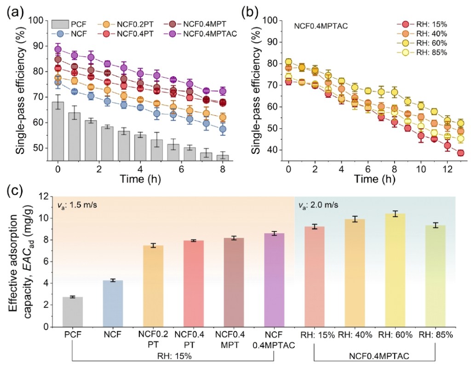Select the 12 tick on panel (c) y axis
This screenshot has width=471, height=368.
[44, 196]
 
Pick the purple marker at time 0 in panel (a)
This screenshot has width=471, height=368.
[58, 49]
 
